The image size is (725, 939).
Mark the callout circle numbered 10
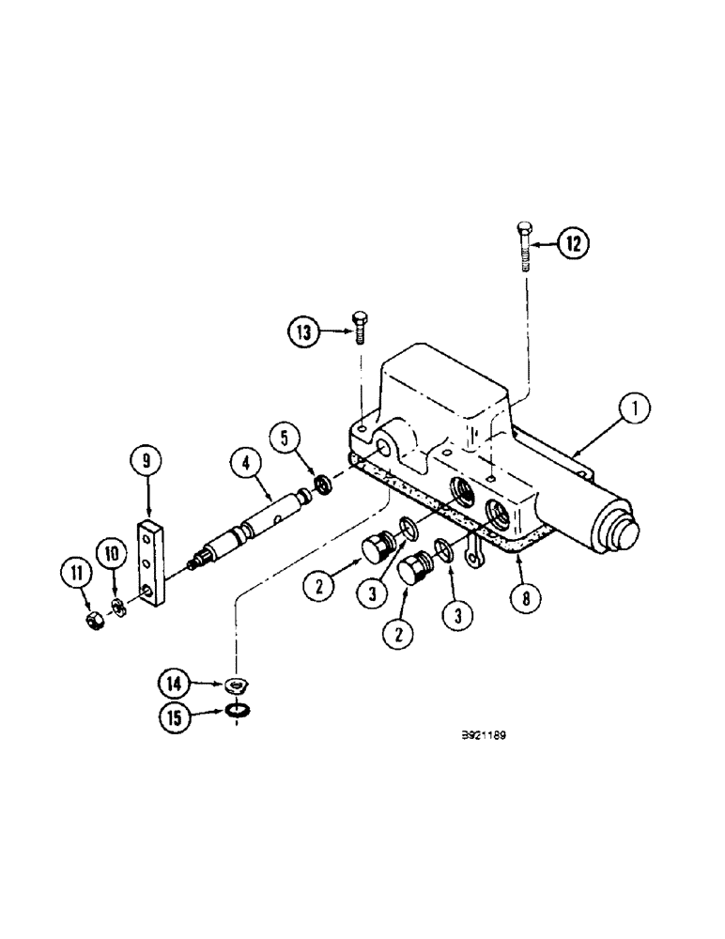click(x=111, y=554)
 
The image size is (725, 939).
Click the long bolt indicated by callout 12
click(x=523, y=246)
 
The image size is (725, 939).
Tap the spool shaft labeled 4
click(x=255, y=523)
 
